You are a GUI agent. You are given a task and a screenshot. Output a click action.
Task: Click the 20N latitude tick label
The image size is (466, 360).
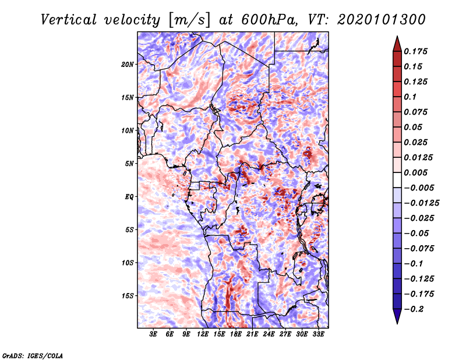[x=128, y=64]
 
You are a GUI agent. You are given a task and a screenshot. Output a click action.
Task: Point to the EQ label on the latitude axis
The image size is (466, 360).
[x=129, y=196]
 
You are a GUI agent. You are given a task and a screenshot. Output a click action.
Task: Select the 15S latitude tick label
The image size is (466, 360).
[x=128, y=295]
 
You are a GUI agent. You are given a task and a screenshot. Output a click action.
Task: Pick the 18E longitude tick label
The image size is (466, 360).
[x=236, y=334]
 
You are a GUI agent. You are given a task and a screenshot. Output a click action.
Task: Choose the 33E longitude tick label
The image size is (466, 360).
[x=318, y=334]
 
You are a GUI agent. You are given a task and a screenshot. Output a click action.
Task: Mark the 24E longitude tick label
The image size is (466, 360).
[x=269, y=334]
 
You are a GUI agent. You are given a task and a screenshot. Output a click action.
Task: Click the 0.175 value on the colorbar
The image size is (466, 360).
[x=416, y=51]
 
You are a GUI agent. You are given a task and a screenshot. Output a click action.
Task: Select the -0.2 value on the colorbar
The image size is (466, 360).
[x=415, y=309]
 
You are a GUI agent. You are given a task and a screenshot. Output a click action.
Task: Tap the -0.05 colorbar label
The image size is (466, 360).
[x=416, y=233]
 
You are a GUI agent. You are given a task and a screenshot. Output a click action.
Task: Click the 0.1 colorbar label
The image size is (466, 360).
[x=411, y=97]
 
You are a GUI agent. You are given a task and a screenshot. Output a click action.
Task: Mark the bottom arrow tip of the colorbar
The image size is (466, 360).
[x=397, y=323]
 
